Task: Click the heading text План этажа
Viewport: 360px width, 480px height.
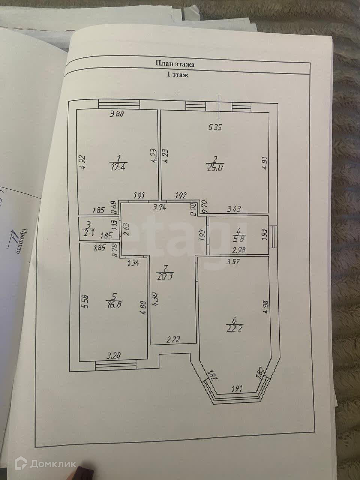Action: pyautogui.click(x=175, y=64)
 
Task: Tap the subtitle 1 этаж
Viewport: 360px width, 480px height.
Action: pyautogui.click(x=177, y=75)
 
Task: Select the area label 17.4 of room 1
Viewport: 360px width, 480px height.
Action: pyautogui.click(x=118, y=168)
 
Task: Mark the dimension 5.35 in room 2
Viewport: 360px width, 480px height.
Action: pyautogui.click(x=216, y=127)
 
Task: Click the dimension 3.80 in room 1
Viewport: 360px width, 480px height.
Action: pyautogui.click(x=117, y=115)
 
